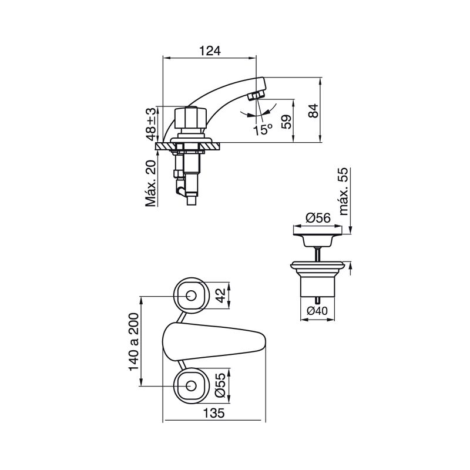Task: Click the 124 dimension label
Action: [210, 51]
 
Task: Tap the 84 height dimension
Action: [313, 110]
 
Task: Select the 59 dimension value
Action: [287, 122]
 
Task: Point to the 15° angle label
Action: [263, 130]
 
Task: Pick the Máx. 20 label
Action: [151, 183]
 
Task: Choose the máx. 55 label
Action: [344, 192]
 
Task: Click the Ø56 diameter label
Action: [318, 218]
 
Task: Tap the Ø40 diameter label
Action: [317, 311]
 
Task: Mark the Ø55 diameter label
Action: [220, 385]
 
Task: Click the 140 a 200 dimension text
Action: [134, 342]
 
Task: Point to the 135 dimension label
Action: [214, 413]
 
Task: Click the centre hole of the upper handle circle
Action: [191, 296]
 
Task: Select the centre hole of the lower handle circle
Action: [191, 386]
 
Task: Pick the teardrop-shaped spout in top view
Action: [214, 342]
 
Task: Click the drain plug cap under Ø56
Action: [317, 236]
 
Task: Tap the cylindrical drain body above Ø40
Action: [317, 287]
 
